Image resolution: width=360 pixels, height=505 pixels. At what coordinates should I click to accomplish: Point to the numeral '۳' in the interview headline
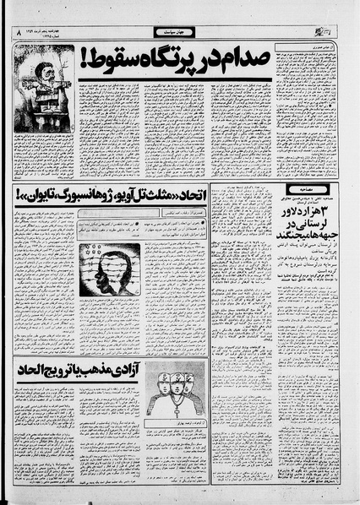coord(328,208)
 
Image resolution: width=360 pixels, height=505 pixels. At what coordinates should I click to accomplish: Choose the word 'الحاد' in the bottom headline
coord(34,371)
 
